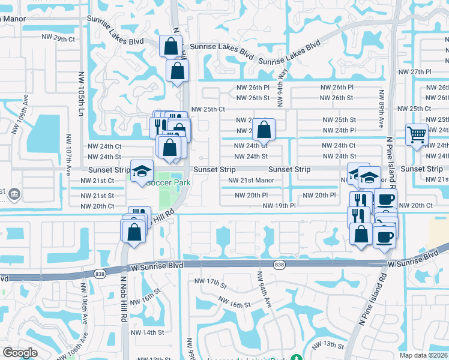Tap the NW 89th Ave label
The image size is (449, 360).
coord(381,109)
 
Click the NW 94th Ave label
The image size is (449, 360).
coord(265,289)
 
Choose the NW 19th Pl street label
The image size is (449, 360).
coord(279,206)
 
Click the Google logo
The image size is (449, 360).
coord(20,353)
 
